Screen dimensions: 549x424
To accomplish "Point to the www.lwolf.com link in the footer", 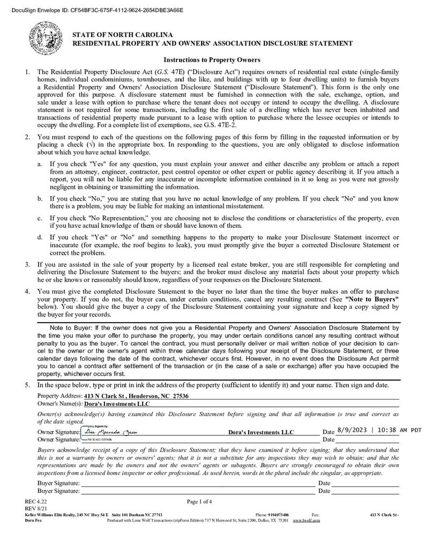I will (x=307, y=520).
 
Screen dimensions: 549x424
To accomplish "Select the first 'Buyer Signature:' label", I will (x=58, y=483).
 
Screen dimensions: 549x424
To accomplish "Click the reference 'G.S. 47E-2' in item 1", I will (x=220, y=125).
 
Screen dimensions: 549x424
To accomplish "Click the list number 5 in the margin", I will (x=27, y=385).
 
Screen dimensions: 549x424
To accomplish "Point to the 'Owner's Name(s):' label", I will (x=59, y=403).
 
